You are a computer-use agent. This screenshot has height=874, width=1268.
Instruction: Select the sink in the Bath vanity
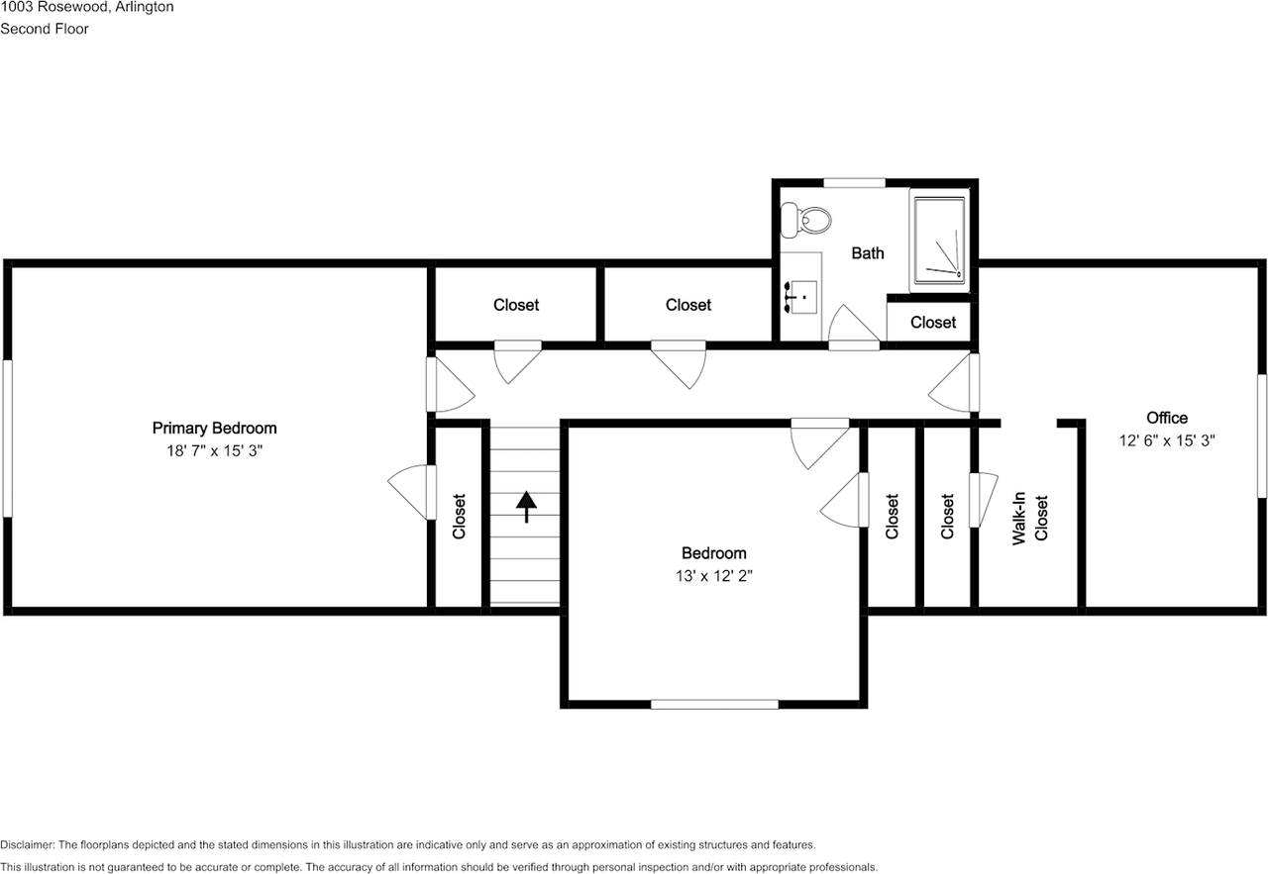click(x=801, y=296)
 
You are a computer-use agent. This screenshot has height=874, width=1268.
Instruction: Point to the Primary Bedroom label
click(x=214, y=429)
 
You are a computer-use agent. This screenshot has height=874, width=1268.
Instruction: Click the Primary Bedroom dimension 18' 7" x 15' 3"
click(x=214, y=450)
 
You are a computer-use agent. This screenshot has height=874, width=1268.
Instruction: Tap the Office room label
click(x=1166, y=418)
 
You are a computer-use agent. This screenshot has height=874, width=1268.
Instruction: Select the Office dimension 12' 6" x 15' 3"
click(x=1166, y=441)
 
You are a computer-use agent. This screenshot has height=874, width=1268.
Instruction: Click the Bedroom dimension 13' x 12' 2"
click(x=713, y=575)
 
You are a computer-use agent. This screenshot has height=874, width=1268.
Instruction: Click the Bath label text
click(x=868, y=253)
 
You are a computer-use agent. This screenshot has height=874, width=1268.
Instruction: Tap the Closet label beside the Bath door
click(x=933, y=323)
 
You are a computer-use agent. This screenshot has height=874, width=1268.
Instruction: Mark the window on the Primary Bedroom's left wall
click(x=7, y=437)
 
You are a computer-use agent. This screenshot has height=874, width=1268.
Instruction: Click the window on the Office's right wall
click(x=1262, y=436)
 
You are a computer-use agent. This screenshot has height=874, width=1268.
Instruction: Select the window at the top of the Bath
click(x=854, y=182)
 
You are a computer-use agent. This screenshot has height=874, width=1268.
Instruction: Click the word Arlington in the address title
click(x=145, y=7)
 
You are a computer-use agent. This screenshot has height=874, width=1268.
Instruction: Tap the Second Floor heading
click(x=45, y=29)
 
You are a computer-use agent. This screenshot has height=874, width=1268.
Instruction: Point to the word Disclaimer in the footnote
click(x=27, y=844)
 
